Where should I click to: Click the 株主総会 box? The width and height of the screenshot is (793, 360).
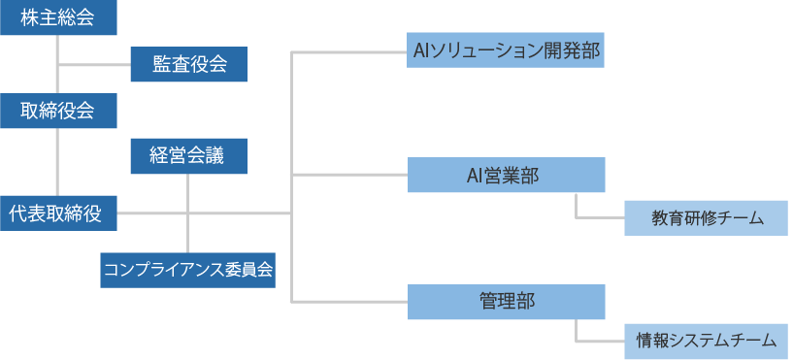(58, 17)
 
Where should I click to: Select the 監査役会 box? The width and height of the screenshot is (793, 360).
(188, 65)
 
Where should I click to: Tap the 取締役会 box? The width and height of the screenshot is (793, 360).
(58, 111)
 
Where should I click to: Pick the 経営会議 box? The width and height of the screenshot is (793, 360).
(188, 156)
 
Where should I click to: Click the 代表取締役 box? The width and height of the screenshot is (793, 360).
(58, 213)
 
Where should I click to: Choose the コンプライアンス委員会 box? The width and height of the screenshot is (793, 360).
(188, 270)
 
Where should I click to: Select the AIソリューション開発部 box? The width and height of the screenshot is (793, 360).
(506, 49)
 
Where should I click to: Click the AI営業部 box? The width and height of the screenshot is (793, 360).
(506, 176)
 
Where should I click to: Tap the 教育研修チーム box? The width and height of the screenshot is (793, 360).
(706, 218)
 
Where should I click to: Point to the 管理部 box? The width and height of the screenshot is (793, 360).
(506, 302)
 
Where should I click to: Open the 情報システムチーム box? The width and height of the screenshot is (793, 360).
(706, 341)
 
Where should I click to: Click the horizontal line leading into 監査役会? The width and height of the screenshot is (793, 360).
(94, 65)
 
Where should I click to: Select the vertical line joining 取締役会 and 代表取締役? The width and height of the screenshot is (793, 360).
(58, 160)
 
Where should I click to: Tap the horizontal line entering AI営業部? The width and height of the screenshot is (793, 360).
(349, 176)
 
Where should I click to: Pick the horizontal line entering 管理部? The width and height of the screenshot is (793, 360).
(349, 302)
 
